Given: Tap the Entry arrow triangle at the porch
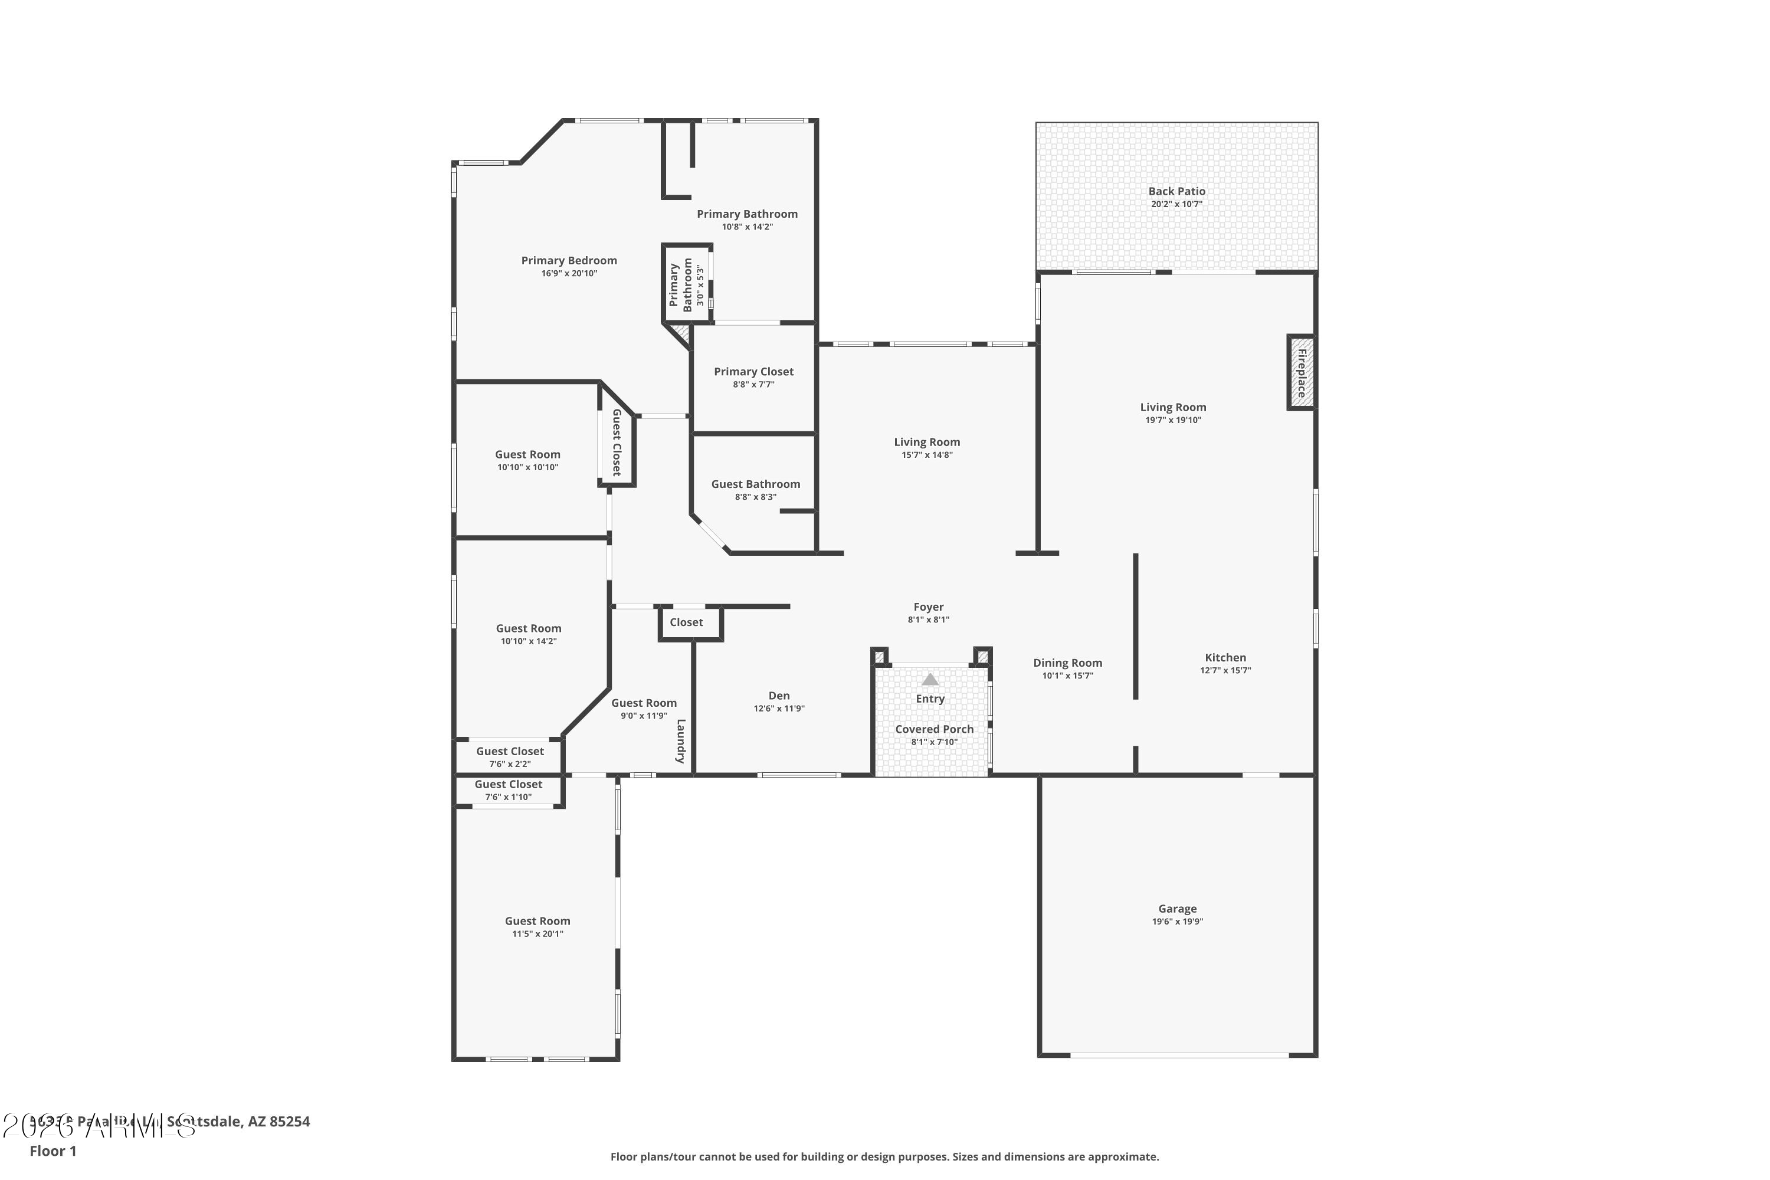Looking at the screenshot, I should [x=930, y=680].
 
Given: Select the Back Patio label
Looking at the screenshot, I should [x=1176, y=191].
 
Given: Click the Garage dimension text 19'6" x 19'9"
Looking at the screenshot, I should [x=1177, y=921].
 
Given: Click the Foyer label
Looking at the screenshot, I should [x=928, y=607].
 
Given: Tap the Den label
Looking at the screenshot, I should [x=779, y=696].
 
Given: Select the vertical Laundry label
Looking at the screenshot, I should [x=680, y=741].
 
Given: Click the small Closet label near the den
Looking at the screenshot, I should [x=686, y=622].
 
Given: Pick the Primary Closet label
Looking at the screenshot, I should [x=753, y=371].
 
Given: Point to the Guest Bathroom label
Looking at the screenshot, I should [x=756, y=484].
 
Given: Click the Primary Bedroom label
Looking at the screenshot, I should [x=569, y=260].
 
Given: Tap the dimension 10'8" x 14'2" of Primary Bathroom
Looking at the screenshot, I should [x=748, y=227].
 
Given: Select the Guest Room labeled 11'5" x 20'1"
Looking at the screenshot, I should [x=537, y=920].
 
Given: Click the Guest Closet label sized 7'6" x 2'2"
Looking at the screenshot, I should [x=510, y=751].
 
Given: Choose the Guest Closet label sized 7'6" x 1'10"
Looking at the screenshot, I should [x=508, y=784].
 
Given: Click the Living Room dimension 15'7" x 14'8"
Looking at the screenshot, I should [x=927, y=454].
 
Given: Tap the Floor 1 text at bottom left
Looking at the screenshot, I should [x=53, y=1150].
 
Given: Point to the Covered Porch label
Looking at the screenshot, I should [x=934, y=729].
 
